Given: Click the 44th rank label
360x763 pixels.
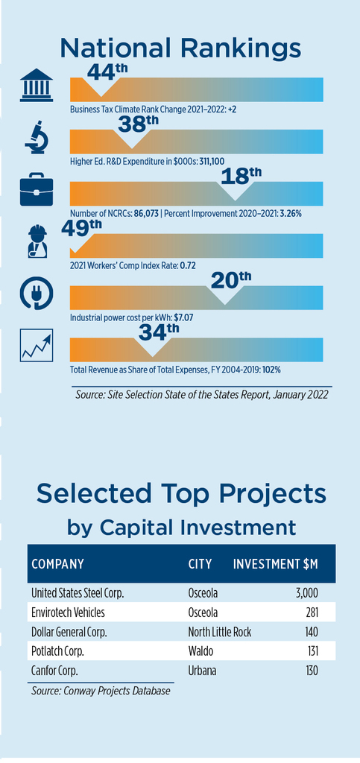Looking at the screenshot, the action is [107, 72].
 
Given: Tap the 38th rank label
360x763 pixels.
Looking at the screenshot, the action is [139, 125].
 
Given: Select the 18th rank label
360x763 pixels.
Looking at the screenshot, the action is [241, 177].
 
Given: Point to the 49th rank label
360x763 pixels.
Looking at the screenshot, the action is [82, 228].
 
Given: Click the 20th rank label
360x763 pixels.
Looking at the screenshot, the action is [231, 281].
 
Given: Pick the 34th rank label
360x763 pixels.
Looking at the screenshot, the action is [159, 333].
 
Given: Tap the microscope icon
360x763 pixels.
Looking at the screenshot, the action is [37, 137].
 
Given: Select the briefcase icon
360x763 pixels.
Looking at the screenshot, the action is [37, 192].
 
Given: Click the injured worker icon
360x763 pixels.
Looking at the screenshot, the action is [37, 241].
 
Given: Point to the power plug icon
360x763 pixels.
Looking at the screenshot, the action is [37, 294].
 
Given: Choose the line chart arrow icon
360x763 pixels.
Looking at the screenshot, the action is [37, 345].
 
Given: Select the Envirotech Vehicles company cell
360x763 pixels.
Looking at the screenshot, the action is [68, 612].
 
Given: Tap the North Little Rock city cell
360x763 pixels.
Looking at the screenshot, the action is [219, 632].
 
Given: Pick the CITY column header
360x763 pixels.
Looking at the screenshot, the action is [200, 564].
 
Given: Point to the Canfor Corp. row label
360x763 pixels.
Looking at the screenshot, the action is [54, 671].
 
